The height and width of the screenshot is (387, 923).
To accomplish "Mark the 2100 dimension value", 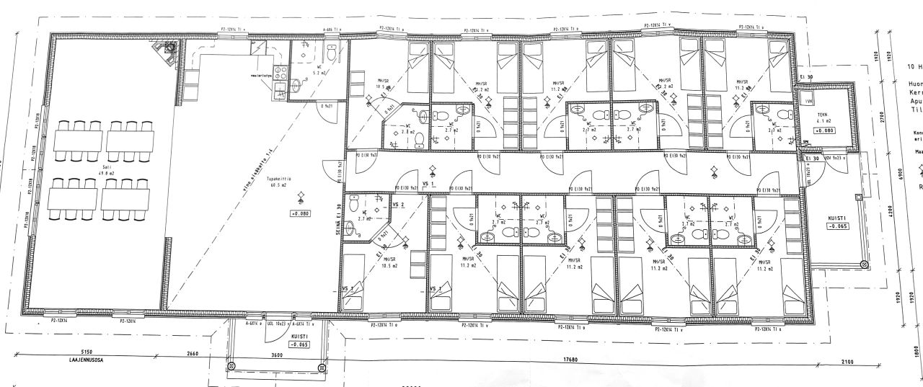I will pos(847,362).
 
